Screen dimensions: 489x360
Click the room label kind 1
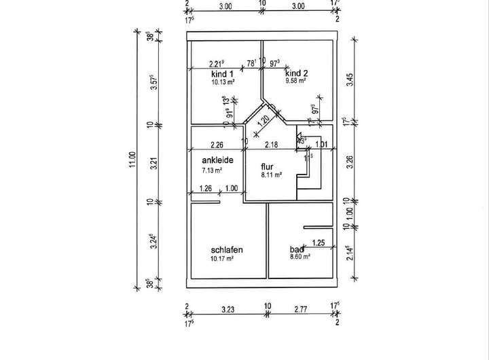click(222, 73)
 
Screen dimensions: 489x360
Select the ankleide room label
click(217, 160)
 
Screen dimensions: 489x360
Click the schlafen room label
click(227, 250)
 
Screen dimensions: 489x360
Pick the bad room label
click(297, 250)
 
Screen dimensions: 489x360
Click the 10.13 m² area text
click(223, 82)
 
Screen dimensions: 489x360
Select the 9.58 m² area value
click(296, 80)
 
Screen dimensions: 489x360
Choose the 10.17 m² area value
click(222, 258)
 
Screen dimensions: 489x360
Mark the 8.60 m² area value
click(300, 257)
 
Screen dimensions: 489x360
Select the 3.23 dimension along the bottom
click(227, 309)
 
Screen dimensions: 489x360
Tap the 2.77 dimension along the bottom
click(302, 309)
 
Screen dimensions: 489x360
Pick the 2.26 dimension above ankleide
click(217, 144)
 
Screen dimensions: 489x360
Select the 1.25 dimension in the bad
click(318, 242)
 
